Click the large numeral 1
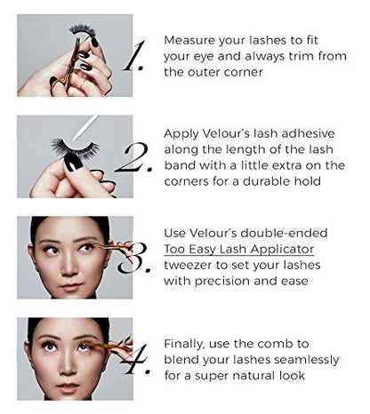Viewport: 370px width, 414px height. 134,56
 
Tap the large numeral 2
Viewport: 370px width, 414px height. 134,157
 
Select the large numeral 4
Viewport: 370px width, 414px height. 136,359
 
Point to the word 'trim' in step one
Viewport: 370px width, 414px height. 302,56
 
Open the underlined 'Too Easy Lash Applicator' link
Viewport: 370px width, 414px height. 239,249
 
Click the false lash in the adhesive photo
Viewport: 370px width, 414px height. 75,147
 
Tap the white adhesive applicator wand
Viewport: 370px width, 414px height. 86,128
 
